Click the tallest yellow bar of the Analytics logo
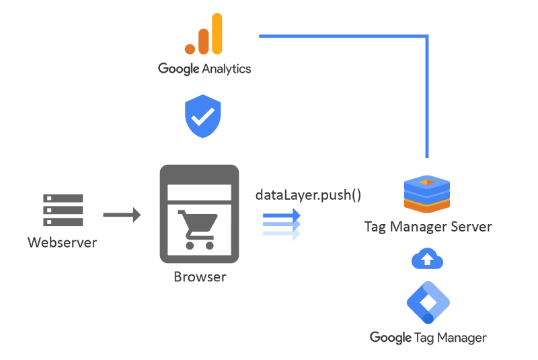point(215,32)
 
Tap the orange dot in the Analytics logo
point(189,48)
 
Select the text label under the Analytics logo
point(204,69)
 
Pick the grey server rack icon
point(65,213)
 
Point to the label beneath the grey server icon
point(64,240)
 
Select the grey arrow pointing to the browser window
point(123,216)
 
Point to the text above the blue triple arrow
point(307,196)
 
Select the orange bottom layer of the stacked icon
point(427,203)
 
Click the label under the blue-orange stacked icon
point(427,226)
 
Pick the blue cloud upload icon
point(428,258)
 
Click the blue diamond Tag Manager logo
point(428,300)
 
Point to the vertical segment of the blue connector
point(428,101)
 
